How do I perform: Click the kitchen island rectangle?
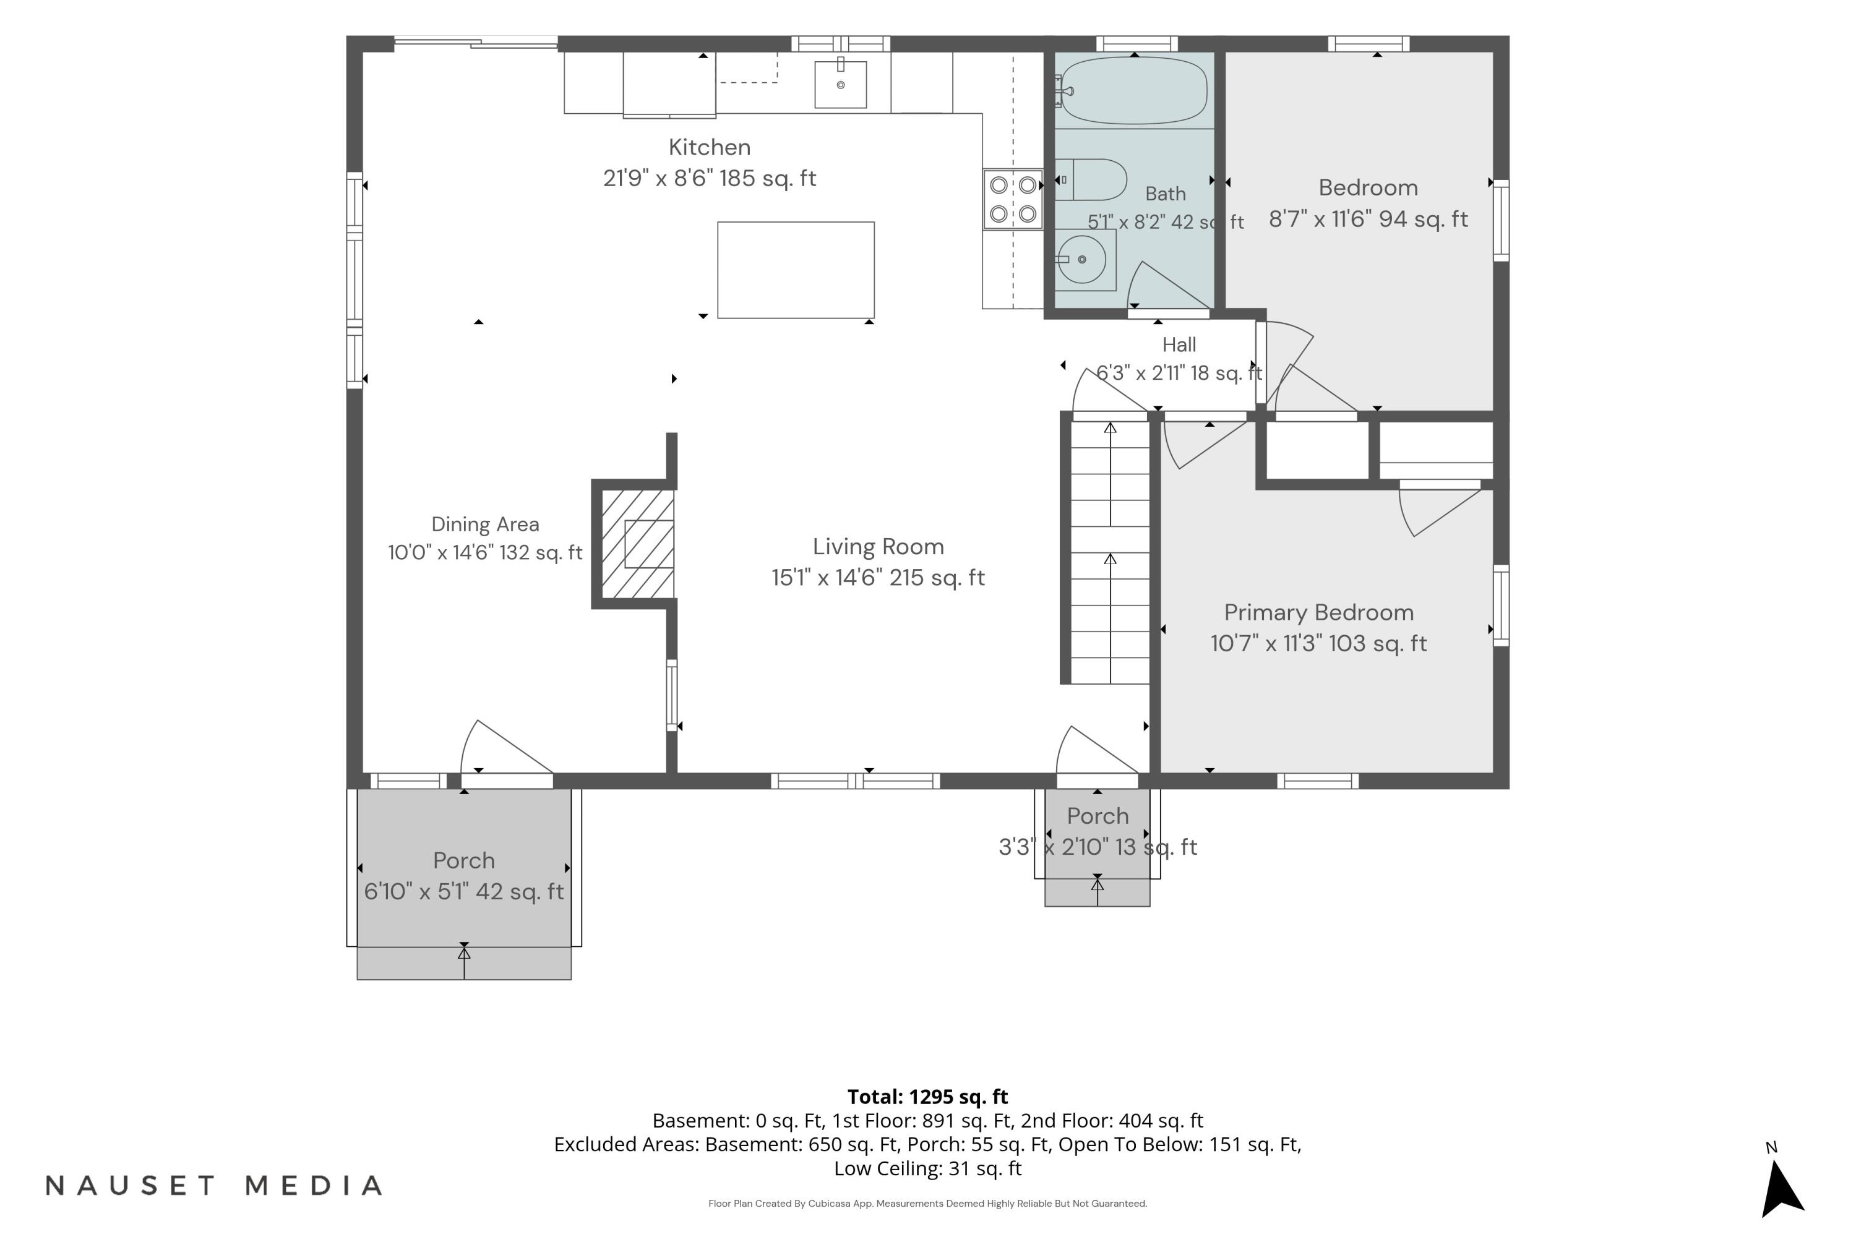(x=796, y=270)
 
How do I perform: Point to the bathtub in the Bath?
(x=1134, y=90)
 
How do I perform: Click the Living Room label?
(x=879, y=547)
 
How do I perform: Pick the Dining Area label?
(x=485, y=524)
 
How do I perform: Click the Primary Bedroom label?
(x=1318, y=613)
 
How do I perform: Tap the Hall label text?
(x=1179, y=345)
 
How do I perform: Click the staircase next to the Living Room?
(x=1109, y=552)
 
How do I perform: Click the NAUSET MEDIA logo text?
(x=214, y=1185)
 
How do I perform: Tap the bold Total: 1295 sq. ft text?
(x=927, y=1097)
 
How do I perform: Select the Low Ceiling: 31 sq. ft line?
(x=927, y=1168)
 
